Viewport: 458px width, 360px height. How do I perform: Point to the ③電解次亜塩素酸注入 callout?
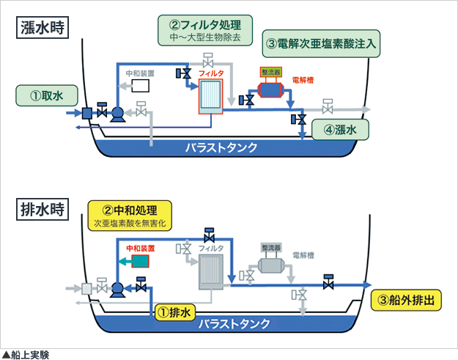[321, 44]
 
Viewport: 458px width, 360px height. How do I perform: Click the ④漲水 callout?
[339, 130]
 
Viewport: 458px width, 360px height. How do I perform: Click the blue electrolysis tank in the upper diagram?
[270, 89]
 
